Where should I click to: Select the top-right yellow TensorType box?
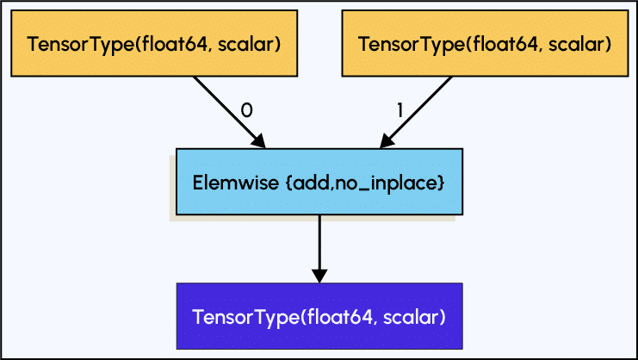tap(485, 44)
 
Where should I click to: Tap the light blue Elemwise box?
tap(319, 182)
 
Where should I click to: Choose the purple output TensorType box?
tap(319, 316)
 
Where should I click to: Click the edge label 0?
tap(246, 111)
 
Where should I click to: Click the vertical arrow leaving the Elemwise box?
tap(319, 245)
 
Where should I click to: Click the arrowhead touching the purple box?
tap(319, 275)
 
